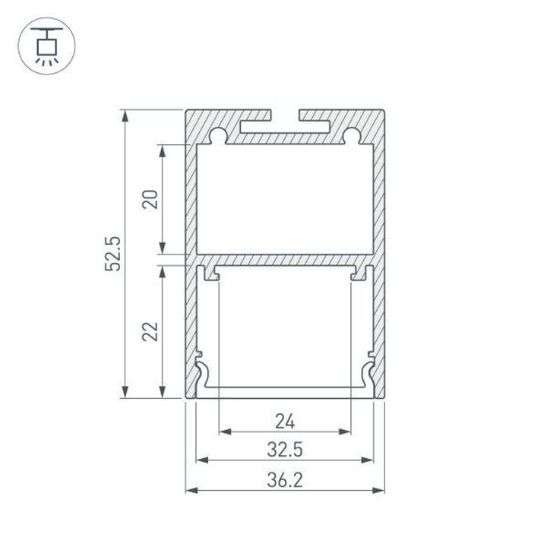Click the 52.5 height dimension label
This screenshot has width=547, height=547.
[113, 254]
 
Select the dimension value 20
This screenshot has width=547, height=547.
[150, 199]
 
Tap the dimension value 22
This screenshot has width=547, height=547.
[150, 330]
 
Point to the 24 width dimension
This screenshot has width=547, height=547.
[285, 420]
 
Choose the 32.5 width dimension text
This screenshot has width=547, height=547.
[285, 449]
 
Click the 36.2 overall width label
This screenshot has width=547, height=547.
[285, 479]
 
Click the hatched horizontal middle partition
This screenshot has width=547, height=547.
[285, 260]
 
